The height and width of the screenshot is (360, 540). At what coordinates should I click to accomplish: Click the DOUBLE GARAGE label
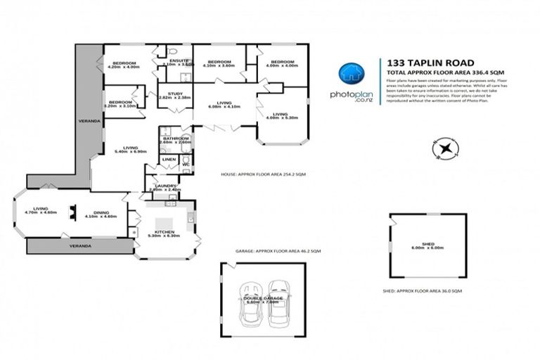264,299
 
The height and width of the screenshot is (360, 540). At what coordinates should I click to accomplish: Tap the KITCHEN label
165,232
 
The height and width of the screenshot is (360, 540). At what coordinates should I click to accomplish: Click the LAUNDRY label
165,186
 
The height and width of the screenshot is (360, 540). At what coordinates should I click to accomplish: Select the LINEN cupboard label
169,160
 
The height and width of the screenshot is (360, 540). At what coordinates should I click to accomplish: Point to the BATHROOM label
175,139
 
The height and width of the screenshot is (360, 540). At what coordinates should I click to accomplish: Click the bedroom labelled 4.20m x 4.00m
124,64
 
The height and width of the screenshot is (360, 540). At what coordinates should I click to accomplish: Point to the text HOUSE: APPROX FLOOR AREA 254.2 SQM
263,174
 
